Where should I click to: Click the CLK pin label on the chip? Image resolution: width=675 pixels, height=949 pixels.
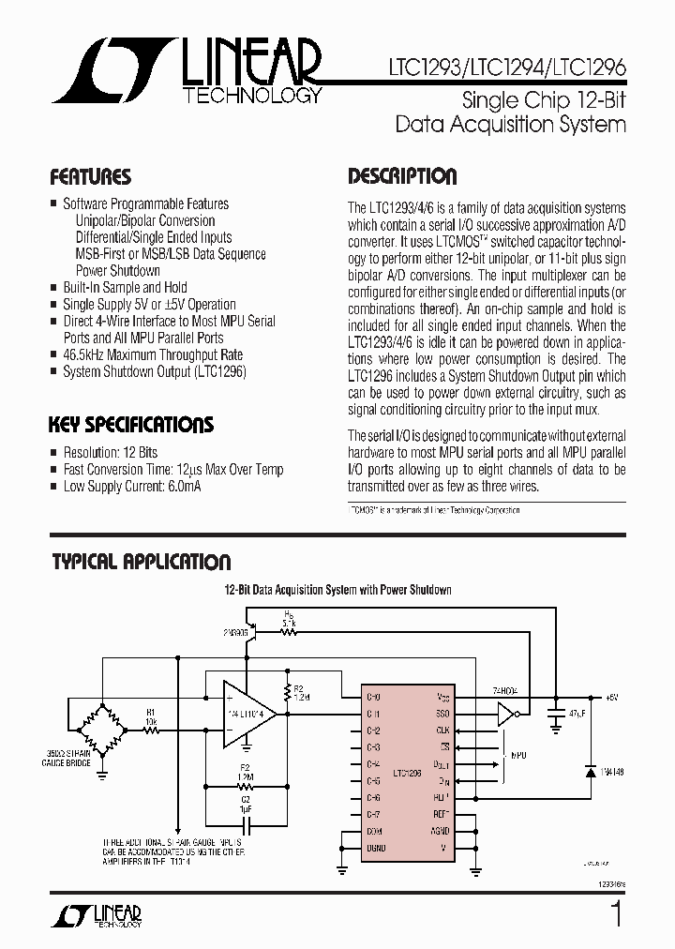tap(442, 730)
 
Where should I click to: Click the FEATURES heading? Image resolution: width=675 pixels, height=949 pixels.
tap(89, 177)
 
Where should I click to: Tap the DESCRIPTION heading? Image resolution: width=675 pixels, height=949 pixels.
tap(402, 176)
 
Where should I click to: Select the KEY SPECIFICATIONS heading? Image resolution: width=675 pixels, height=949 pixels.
tap(130, 425)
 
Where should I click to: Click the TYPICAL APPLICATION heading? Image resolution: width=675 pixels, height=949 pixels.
tap(141, 562)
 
